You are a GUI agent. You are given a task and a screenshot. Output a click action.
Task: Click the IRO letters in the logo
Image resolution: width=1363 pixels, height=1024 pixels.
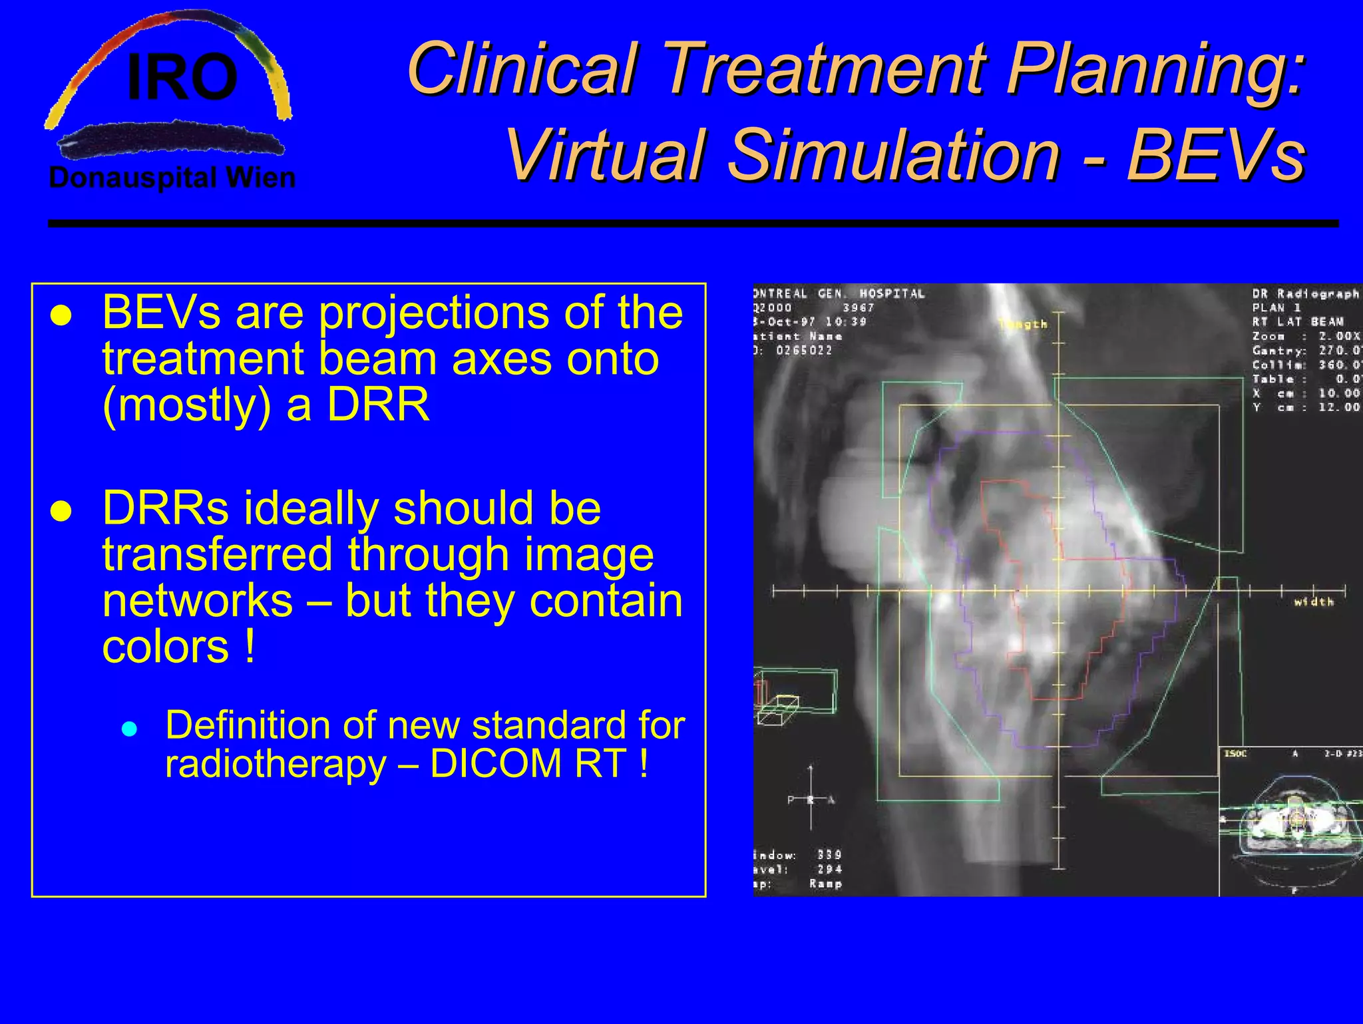182,79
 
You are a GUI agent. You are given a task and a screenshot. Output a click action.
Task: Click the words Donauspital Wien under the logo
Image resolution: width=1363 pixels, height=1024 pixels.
172,178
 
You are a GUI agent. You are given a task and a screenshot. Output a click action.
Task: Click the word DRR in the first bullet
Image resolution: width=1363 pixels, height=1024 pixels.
378,405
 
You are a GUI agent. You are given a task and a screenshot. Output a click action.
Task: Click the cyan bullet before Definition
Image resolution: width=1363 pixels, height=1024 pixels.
130,729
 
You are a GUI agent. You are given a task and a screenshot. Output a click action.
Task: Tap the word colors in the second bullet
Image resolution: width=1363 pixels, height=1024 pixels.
166,647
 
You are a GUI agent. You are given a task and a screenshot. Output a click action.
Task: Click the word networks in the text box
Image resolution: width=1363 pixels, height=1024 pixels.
198,600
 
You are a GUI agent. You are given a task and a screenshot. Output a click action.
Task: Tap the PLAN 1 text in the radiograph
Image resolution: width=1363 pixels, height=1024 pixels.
1276,307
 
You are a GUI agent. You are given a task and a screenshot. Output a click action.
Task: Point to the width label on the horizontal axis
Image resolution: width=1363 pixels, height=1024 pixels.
1314,602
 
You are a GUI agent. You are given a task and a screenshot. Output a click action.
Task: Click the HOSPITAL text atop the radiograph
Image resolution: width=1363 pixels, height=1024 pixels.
892,293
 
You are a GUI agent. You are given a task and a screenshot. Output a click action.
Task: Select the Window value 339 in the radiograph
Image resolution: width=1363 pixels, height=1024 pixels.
829,855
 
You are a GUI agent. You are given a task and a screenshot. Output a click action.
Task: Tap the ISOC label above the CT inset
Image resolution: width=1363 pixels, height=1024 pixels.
1236,754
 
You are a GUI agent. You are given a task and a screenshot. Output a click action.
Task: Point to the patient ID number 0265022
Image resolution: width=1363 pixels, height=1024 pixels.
804,351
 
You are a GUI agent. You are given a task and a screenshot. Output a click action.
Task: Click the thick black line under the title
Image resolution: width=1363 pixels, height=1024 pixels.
692,224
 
